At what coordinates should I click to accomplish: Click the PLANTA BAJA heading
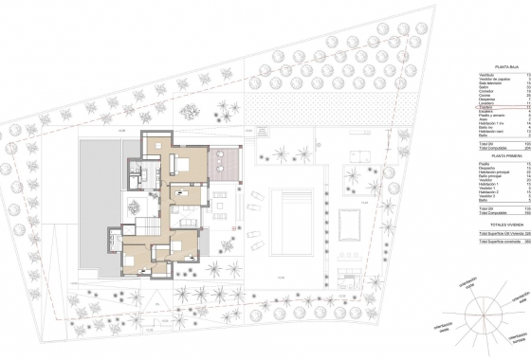click(500, 65)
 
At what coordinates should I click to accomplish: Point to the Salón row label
click(483, 89)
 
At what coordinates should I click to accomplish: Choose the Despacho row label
click(485, 170)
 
